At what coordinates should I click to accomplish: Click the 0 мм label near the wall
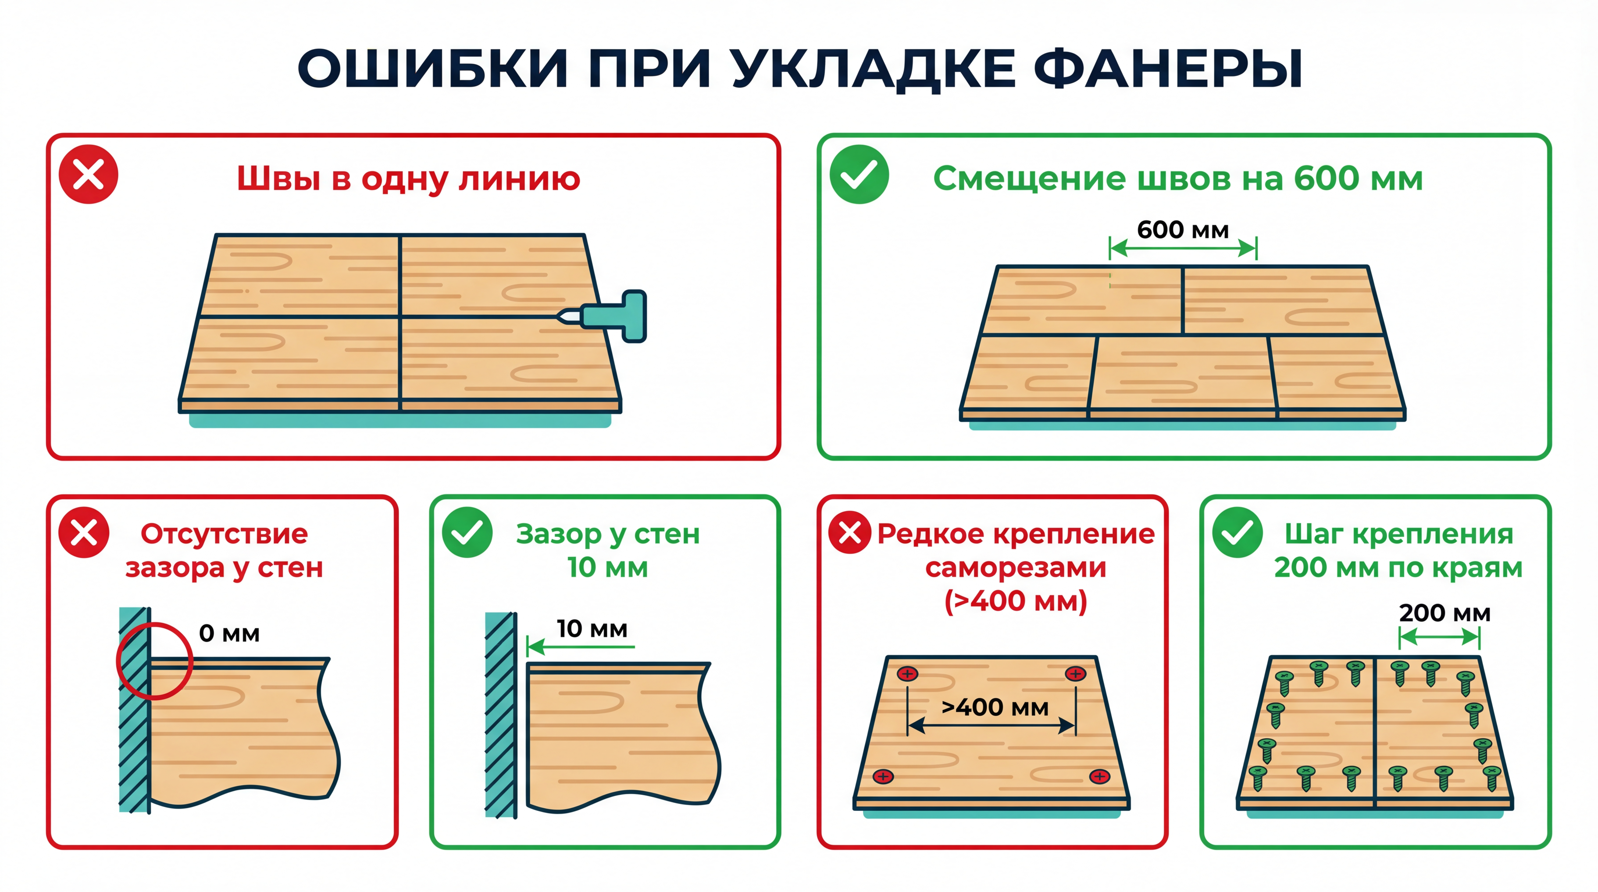(229, 633)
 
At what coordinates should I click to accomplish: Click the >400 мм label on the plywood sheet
(994, 707)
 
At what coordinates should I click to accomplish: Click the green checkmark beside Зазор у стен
(467, 532)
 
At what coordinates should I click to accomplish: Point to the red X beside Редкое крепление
(850, 532)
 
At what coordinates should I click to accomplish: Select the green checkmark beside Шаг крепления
(1237, 532)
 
